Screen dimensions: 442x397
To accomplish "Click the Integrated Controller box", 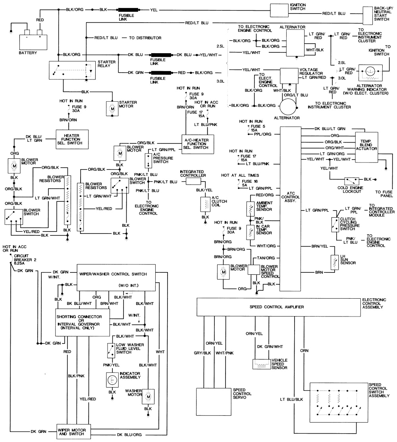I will (x=193, y=181).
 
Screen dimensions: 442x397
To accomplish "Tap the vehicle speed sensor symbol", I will (x=261, y=363).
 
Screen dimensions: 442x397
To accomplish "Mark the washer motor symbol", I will (x=148, y=396).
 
